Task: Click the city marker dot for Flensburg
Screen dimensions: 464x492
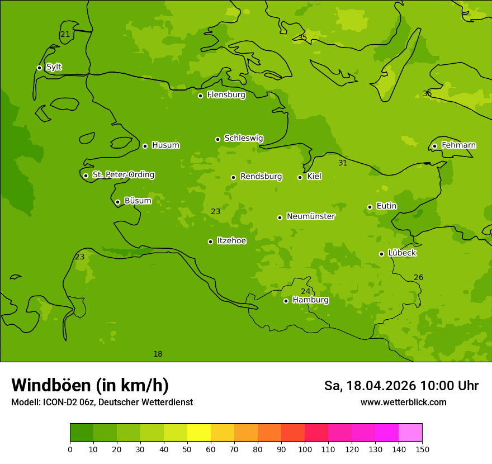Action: (200, 96)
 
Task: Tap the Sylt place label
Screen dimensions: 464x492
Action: (54, 67)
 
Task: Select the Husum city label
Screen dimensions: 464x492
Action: (165, 145)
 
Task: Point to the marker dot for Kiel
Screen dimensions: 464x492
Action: (300, 177)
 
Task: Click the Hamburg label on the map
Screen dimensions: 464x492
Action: (310, 300)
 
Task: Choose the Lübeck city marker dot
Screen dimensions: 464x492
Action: (381, 254)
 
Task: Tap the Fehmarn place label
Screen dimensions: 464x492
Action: (458, 145)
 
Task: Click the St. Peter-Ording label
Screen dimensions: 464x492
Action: (123, 175)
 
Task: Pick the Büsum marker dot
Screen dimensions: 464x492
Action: (117, 202)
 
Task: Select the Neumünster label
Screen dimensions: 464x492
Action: (311, 216)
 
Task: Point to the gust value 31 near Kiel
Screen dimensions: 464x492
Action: (343, 163)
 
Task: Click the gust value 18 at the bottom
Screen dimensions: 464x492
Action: (158, 354)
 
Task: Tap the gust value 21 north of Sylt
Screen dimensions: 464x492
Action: (65, 35)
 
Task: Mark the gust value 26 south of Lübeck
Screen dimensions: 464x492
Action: (418, 278)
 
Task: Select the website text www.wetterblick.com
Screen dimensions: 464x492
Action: (403, 403)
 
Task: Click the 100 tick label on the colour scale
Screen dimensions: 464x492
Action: (305, 449)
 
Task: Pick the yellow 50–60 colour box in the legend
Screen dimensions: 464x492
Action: (199, 433)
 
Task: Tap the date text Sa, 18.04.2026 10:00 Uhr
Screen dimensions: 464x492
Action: (401, 386)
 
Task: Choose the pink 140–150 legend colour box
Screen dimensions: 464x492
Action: (410, 433)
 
